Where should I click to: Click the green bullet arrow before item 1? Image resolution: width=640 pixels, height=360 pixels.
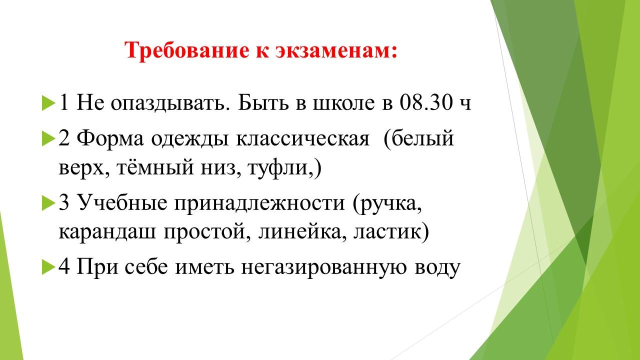(48, 103)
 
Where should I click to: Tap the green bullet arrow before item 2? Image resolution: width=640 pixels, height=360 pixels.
(48, 139)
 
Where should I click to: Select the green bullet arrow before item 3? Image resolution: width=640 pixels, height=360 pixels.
(48, 203)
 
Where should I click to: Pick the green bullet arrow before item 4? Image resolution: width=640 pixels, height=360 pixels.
(48, 267)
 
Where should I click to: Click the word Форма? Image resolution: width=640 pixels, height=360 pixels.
(110, 139)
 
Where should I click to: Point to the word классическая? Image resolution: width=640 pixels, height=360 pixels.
(303, 139)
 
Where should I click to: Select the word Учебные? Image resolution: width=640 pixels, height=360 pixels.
(122, 203)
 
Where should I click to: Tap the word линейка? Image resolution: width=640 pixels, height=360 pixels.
(300, 232)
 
